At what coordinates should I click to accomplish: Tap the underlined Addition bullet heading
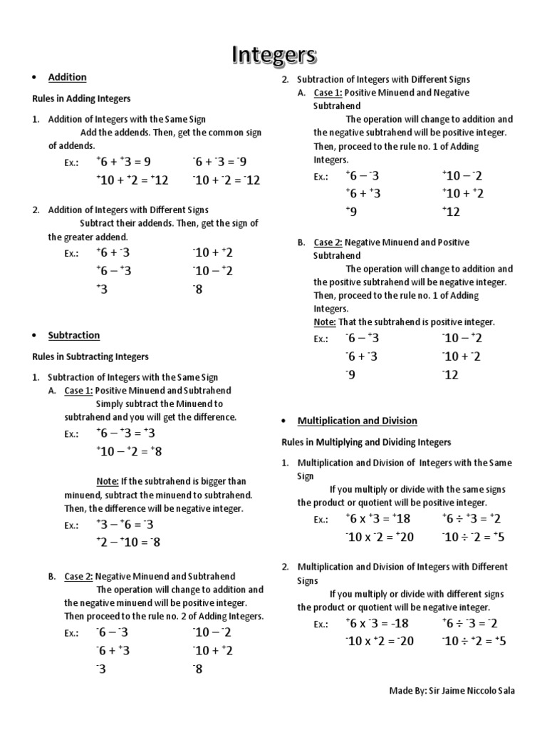[67, 77]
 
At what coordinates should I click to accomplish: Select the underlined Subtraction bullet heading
[73, 335]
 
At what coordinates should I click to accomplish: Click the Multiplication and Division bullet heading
[357, 421]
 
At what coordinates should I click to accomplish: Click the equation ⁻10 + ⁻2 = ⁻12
[226, 180]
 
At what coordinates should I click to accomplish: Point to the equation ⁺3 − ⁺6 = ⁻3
[125, 525]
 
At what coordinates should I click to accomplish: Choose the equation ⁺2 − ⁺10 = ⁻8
[128, 543]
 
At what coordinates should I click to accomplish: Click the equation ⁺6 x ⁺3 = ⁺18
[378, 519]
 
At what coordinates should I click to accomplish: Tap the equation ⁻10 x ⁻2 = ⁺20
[380, 538]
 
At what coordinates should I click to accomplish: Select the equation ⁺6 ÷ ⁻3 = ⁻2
[469, 623]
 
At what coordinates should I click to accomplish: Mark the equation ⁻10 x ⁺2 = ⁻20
[380, 641]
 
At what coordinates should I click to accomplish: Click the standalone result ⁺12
[452, 212]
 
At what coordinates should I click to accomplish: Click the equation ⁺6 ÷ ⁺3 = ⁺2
[472, 519]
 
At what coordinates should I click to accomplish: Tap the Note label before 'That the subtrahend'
[324, 322]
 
